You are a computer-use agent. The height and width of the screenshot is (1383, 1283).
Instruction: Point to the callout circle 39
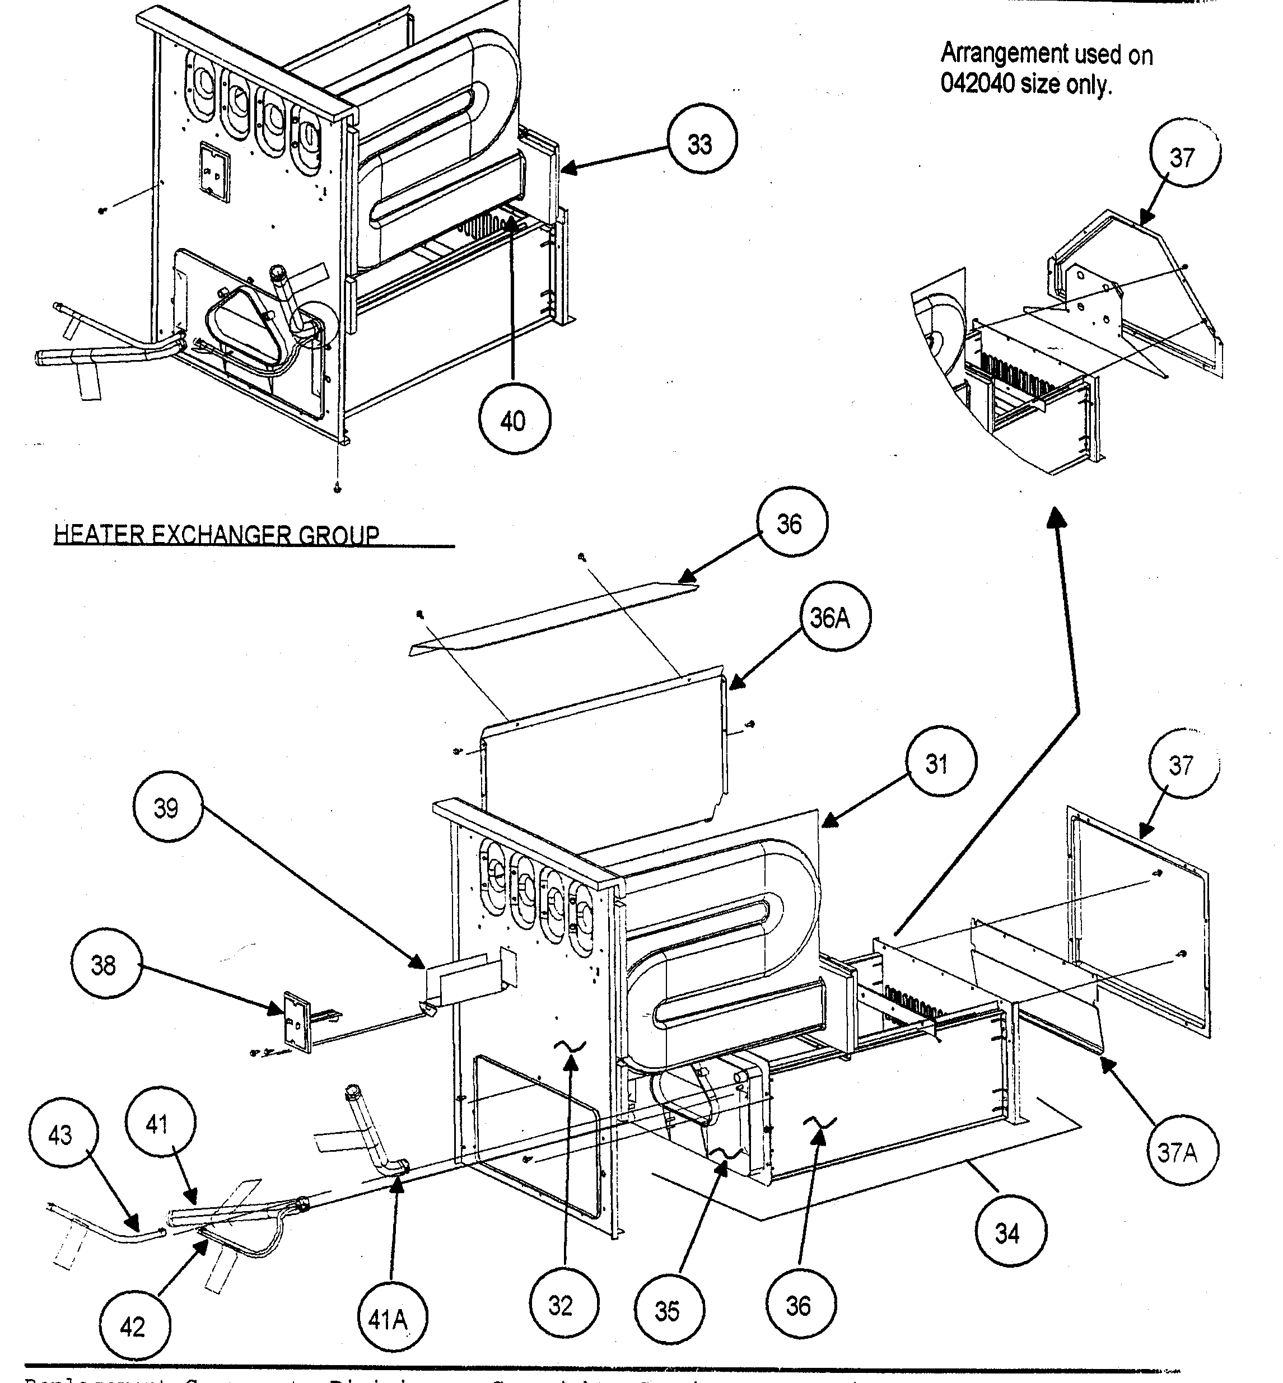point(167,808)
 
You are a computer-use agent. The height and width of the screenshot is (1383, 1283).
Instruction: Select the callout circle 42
point(133,1327)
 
